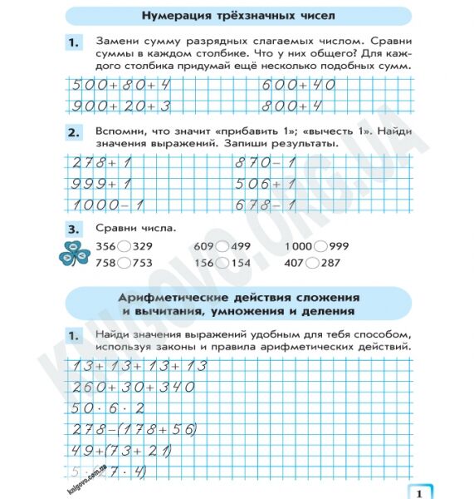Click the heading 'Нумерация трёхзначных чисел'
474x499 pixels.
click(238, 15)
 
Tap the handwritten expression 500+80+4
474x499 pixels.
click(121, 85)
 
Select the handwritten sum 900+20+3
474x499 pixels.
click(121, 106)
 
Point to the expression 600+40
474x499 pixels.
click(298, 85)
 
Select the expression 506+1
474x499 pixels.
click(266, 184)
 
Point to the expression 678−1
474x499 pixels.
click(266, 205)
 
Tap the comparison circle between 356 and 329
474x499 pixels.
click(124, 247)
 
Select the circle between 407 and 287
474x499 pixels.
click(312, 263)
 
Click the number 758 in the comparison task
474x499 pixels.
click(105, 263)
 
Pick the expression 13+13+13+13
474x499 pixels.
click(139, 366)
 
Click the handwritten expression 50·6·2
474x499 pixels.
click(108, 408)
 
